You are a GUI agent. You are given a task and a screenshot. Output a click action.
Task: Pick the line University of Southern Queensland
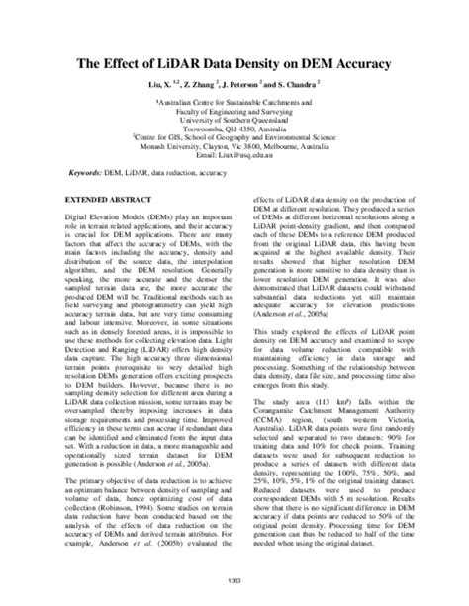point(234,119)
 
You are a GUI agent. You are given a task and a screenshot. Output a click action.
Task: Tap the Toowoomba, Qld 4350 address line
point(234,129)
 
